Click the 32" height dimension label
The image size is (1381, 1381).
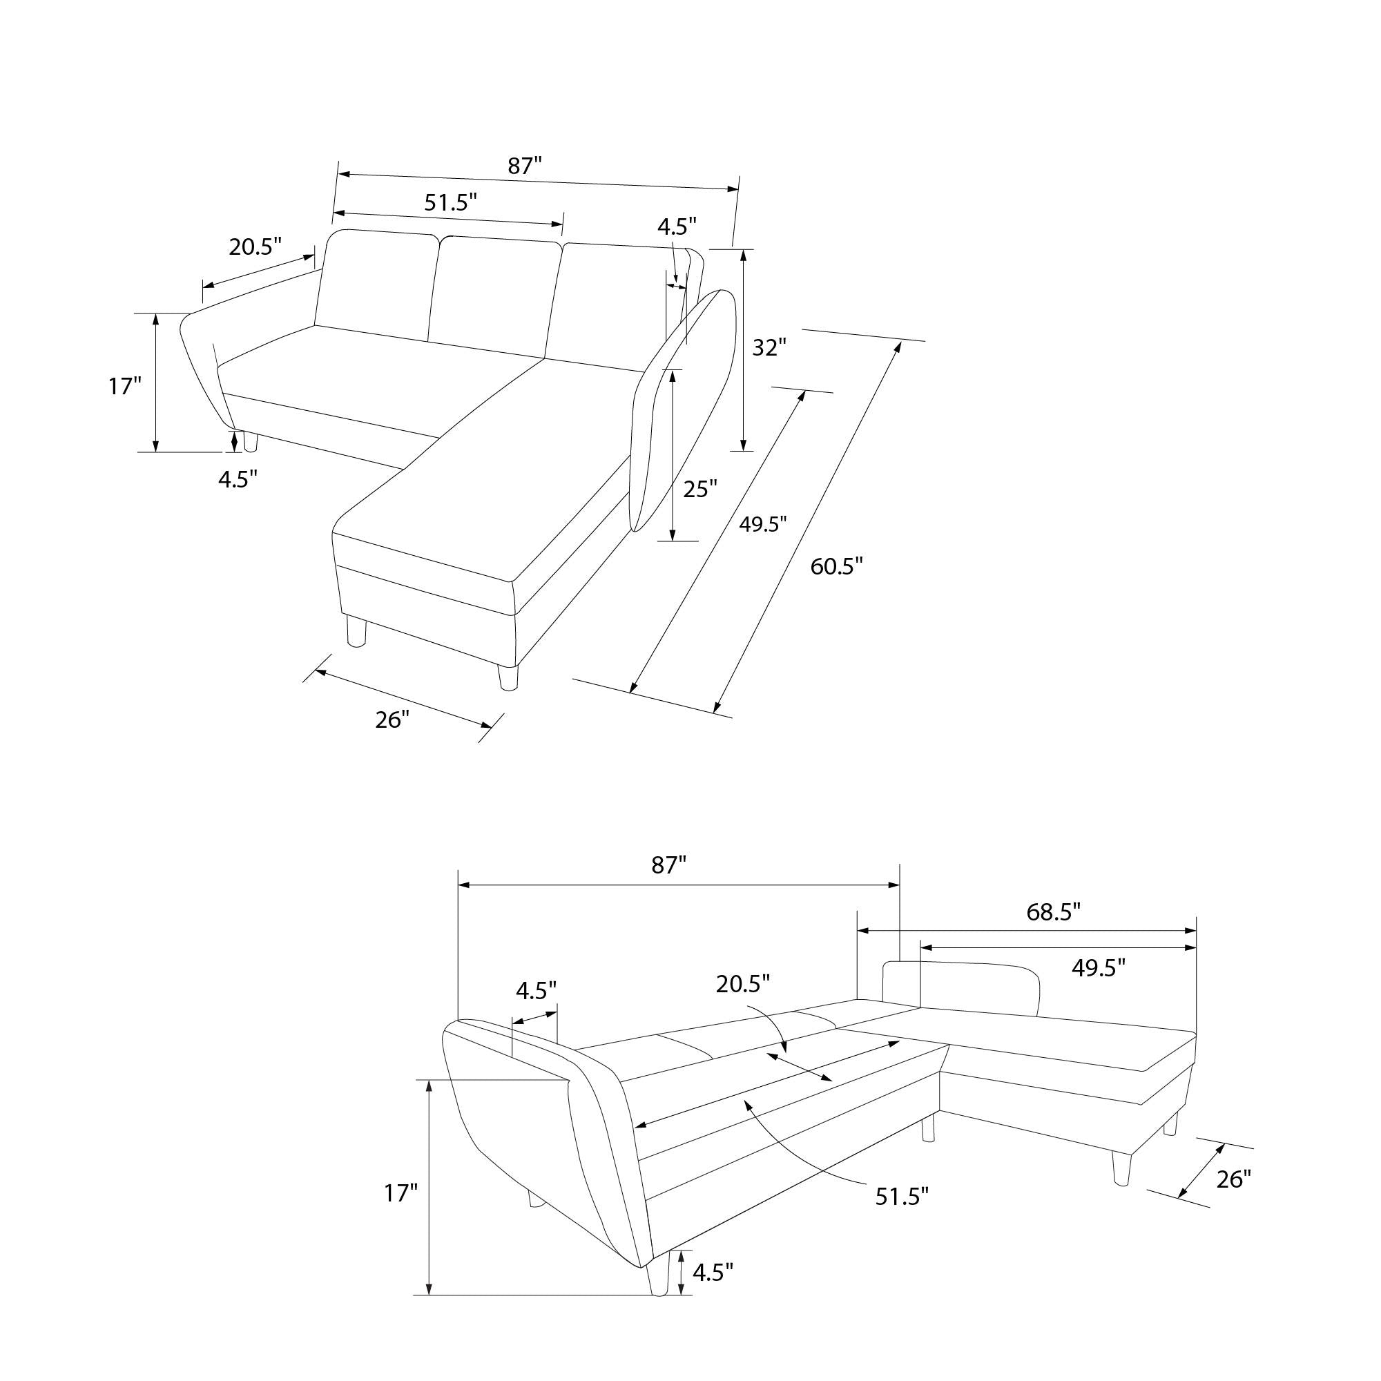769,348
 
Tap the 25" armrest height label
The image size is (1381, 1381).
699,490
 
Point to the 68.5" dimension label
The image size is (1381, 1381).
1053,912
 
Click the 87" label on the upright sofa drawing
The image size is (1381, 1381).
525,166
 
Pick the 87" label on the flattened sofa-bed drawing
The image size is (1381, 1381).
668,866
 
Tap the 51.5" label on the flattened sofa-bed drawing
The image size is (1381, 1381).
902,1197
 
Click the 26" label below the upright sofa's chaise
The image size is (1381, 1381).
392,720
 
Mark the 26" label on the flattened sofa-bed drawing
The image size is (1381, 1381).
1233,1179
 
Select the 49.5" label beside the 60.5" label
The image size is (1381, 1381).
763,525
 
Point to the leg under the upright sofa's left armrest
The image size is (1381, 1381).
250,441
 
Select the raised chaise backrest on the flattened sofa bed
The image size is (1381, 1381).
961,986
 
